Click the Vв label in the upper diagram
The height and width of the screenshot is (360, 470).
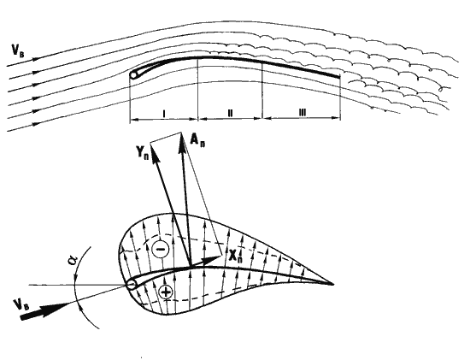pyautogui.click(x=18, y=50)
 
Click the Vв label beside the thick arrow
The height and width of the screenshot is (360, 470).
pyautogui.click(x=22, y=305)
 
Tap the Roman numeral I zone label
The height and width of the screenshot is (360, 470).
pyautogui.click(x=164, y=114)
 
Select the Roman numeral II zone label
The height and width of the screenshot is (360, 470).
pyautogui.click(x=230, y=113)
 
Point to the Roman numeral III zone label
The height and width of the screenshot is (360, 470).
pyautogui.click(x=302, y=113)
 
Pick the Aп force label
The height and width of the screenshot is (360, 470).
pyautogui.click(x=198, y=140)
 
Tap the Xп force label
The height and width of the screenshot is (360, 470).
pyautogui.click(x=235, y=257)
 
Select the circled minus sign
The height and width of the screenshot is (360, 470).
pyautogui.click(x=161, y=249)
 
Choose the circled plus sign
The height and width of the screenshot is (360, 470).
pyautogui.click(x=166, y=292)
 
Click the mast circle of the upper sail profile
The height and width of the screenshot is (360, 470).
pyautogui.click(x=133, y=74)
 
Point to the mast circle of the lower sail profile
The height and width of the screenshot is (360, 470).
pyautogui.click(x=132, y=284)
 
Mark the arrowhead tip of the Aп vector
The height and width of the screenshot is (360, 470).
pyautogui.click(x=181, y=133)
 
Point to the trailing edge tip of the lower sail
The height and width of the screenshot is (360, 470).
pyautogui.click(x=333, y=284)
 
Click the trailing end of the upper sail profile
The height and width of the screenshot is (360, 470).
pyautogui.click(x=339, y=77)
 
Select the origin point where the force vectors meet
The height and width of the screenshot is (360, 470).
pyautogui.click(x=191, y=266)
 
